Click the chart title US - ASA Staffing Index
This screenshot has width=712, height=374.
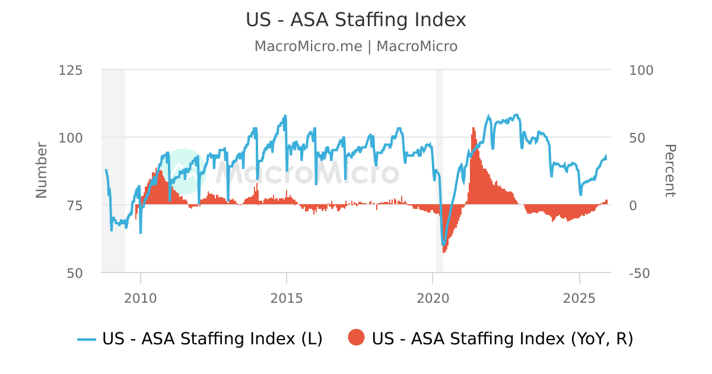tap(356, 20)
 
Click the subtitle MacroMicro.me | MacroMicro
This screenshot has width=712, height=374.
tap(356, 46)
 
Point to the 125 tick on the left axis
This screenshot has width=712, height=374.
tap(71, 70)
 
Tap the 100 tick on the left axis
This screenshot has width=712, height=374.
tap(71, 138)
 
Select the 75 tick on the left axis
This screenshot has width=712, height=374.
tap(74, 205)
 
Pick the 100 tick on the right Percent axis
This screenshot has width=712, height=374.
tap(641, 70)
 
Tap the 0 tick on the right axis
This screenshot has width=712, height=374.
tap(632, 205)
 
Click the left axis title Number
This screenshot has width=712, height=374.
tap(42, 170)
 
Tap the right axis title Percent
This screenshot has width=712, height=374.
tap(669, 170)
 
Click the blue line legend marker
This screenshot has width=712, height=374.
tap(87, 339)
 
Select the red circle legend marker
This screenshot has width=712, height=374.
tap(356, 338)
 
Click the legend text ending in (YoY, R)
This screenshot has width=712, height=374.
tap(502, 339)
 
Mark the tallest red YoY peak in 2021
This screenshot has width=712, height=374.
tap(473, 128)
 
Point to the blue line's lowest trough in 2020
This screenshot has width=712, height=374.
tap(443, 244)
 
